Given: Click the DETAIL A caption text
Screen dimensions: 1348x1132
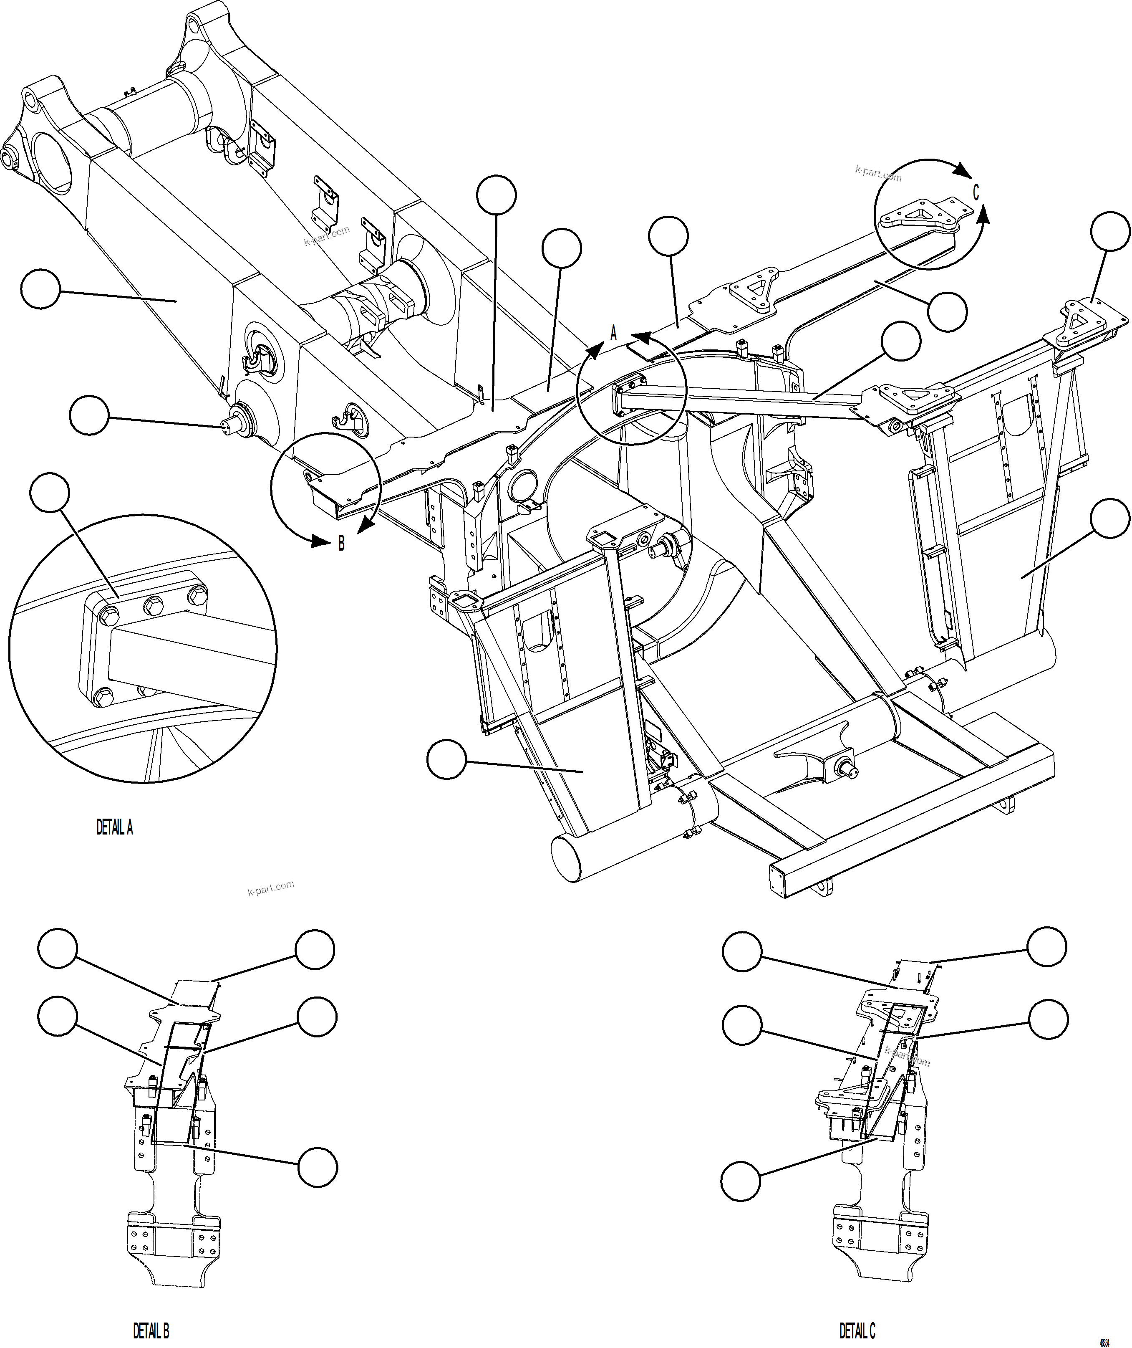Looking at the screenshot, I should tap(115, 828).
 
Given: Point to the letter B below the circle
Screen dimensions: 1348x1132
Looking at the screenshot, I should tap(341, 544).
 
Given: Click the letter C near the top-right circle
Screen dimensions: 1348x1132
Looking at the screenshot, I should tap(976, 192).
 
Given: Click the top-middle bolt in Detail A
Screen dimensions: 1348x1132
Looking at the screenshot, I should tap(152, 604).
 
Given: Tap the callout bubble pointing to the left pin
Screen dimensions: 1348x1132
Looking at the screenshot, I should tap(88, 415).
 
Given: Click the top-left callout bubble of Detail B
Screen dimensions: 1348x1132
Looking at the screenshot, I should tap(58, 949).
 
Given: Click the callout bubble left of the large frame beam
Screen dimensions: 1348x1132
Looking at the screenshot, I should tap(40, 289).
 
